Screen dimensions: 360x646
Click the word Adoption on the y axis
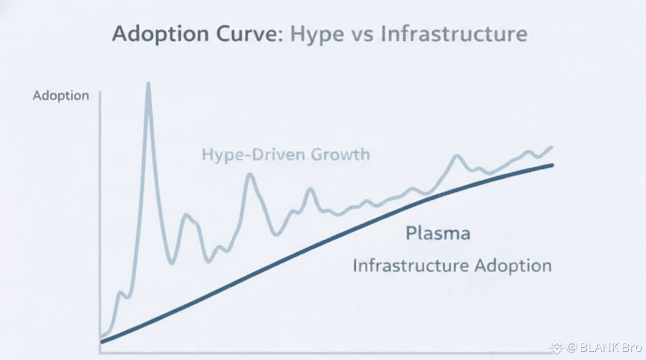[61, 96]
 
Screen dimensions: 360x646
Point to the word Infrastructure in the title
[454, 34]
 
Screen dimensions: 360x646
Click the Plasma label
[438, 234]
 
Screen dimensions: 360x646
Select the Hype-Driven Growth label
[286, 154]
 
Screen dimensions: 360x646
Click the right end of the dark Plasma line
[552, 165]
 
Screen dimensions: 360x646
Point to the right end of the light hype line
[551, 147]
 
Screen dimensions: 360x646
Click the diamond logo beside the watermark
[557, 347]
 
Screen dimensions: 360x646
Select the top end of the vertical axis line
[101, 93]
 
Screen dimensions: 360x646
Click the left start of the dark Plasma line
[102, 342]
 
